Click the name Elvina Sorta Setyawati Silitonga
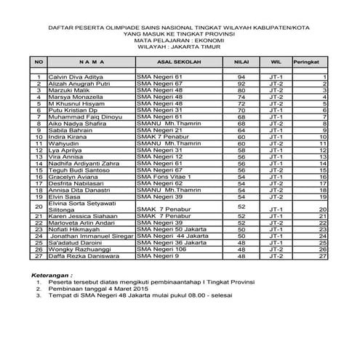81,207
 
